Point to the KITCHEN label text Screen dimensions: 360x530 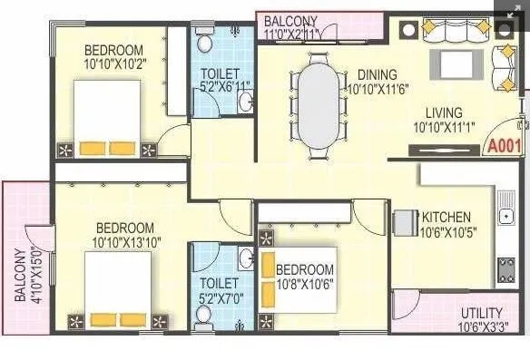446,217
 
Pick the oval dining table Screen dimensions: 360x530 319,101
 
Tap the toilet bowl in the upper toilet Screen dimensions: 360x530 204,42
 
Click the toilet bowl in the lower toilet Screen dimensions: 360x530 204,315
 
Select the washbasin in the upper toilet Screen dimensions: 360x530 244,102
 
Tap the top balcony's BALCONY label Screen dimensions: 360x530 290,21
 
